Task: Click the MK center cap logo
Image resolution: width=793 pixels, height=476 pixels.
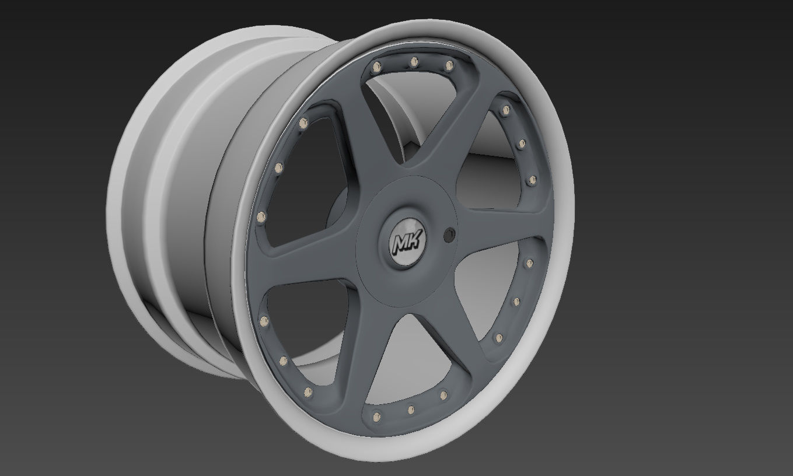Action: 409,240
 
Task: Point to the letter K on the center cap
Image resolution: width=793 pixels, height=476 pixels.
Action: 416,239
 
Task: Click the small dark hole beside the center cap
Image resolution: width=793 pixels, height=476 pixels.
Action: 449,235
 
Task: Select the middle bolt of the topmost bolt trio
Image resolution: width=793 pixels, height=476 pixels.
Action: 414,61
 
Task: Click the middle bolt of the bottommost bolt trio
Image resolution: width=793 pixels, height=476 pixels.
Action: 411,409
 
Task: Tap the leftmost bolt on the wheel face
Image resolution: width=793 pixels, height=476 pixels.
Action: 260,217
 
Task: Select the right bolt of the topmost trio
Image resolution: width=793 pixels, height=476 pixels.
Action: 449,65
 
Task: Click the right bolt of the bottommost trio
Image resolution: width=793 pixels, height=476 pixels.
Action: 443,395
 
